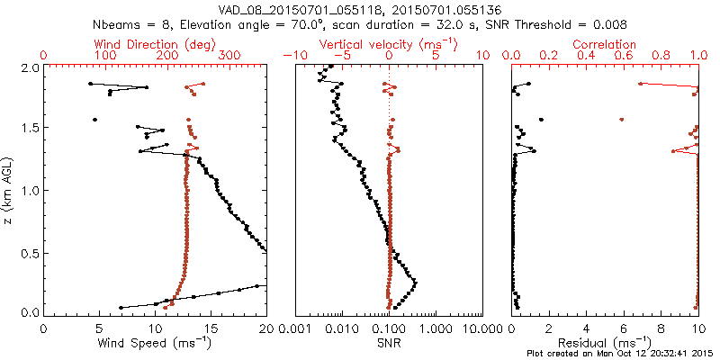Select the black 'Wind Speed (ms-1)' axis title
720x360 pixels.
pyautogui.click(x=154, y=343)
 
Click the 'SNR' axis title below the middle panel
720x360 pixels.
pyautogui.click(x=389, y=343)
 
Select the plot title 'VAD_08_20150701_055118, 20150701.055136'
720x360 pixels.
pyautogui.click(x=360, y=9)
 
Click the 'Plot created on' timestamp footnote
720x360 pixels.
pyautogui.click(x=621, y=354)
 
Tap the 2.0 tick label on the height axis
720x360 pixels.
pyautogui.click(x=29, y=67)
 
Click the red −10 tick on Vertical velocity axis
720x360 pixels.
pyautogui.click(x=291, y=56)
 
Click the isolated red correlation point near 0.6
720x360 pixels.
pyautogui.click(x=622, y=119)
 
